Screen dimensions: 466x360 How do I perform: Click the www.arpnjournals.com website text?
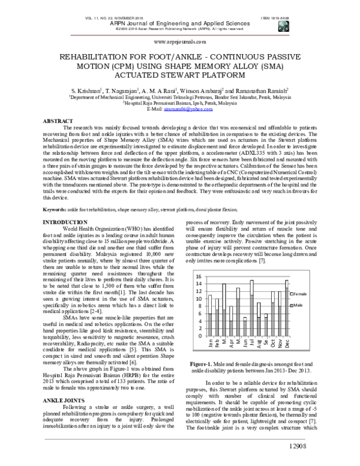click(180, 43)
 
